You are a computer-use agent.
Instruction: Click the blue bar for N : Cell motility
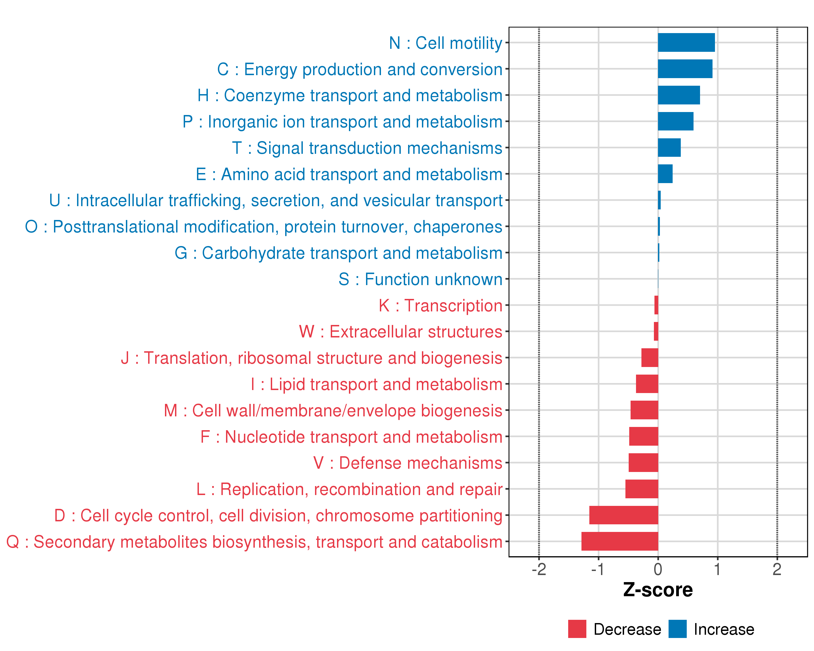686,42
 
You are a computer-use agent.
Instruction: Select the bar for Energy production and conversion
685,69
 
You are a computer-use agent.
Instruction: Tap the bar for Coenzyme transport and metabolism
678,95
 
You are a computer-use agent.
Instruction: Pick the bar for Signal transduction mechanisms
669,148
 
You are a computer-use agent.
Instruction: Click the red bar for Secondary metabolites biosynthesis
619,541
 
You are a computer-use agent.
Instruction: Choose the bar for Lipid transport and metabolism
647,384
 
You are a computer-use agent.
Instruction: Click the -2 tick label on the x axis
539,569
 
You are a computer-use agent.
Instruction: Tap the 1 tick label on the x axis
717,569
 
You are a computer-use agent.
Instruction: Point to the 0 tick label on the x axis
658,569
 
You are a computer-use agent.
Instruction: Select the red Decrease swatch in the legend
577,629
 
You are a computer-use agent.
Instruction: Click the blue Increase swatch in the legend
677,629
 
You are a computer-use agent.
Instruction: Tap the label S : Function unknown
420,279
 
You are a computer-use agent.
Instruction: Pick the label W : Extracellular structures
400,332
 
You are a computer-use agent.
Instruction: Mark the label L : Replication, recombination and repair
349,489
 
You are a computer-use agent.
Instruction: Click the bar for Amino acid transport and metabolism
665,174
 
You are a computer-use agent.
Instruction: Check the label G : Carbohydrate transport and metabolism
338,253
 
